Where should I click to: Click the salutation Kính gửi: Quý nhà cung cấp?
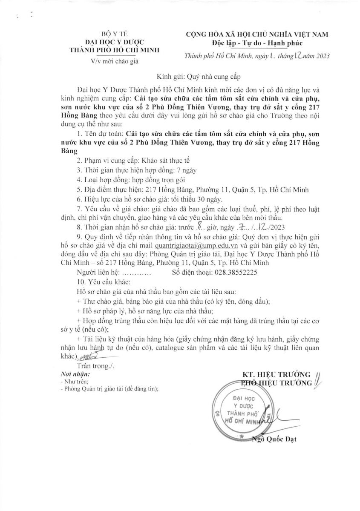(x=199, y=77)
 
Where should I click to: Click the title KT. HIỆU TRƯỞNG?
(x=276, y=374)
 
